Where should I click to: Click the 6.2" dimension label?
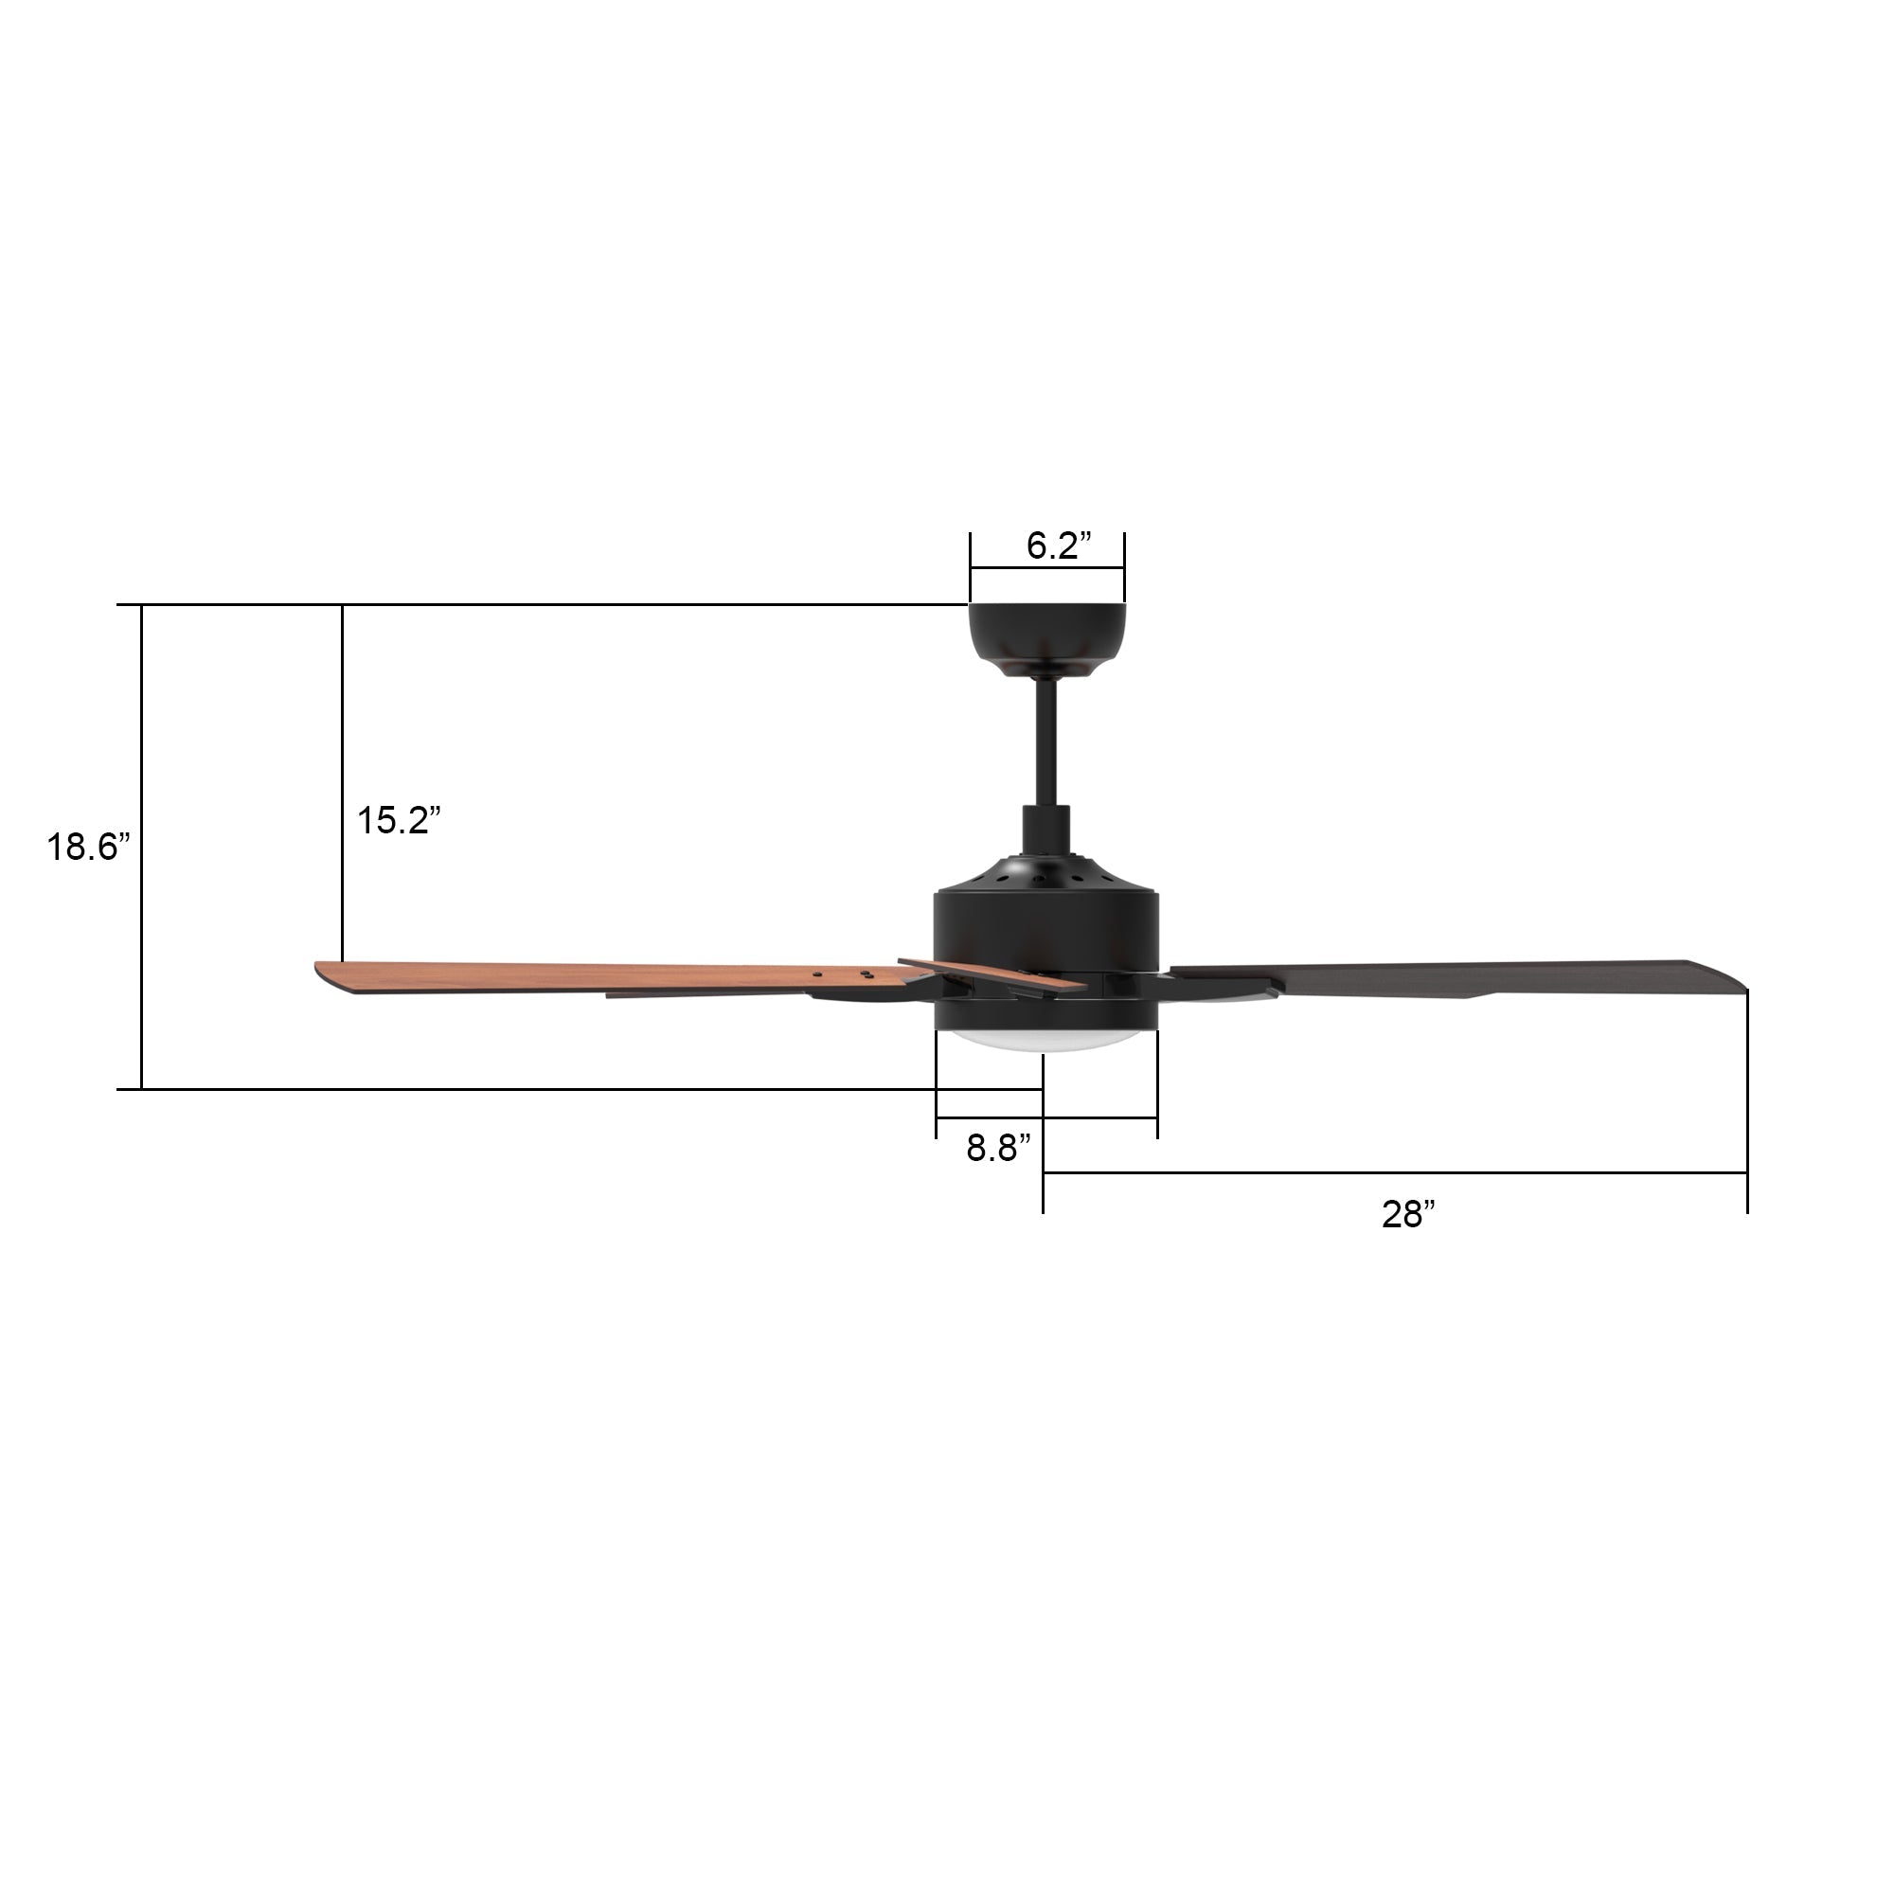point(1059,546)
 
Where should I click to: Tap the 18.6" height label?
point(88,847)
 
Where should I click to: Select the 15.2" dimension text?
point(398,820)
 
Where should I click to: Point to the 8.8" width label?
point(998,1148)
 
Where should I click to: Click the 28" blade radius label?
point(1408,1215)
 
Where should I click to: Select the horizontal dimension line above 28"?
point(1392,1172)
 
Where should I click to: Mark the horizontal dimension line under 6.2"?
point(1046,567)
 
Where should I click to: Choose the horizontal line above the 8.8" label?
point(1046,1118)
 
